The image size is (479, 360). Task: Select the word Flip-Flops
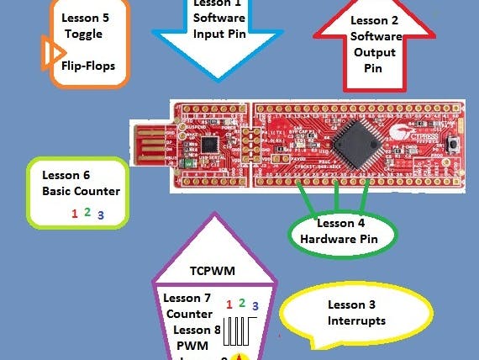(88, 66)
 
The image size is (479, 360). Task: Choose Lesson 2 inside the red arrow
(375, 19)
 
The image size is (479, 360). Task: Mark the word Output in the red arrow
(375, 52)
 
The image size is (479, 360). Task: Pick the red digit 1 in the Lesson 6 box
(75, 214)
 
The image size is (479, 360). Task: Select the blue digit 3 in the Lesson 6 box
(100, 214)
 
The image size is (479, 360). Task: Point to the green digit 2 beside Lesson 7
(241, 302)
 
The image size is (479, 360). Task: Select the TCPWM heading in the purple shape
(213, 273)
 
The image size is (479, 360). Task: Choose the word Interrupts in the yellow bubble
(356, 320)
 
